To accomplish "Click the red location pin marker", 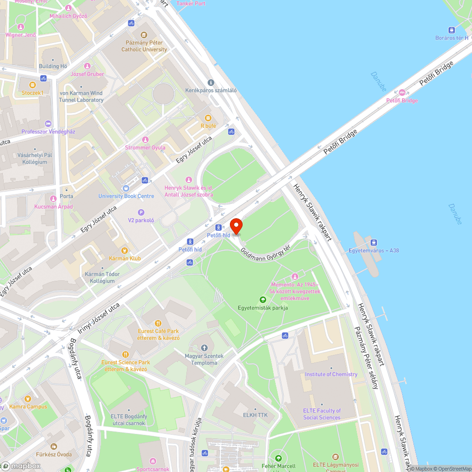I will tap(236, 226).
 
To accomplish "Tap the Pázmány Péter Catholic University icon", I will tap(144, 35).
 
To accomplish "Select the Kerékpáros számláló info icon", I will tap(211, 83).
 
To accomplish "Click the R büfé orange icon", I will tap(208, 118).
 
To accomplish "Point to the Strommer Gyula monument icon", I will tap(145, 140).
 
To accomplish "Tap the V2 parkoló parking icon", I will tap(141, 212).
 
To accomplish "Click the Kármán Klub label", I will tap(125, 259).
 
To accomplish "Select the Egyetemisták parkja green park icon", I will tap(263, 300).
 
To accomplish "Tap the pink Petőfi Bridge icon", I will tap(402, 93).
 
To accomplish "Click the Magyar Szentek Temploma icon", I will tap(204, 348).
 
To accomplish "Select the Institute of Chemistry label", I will tap(331, 374).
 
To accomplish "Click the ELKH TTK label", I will tap(255, 415).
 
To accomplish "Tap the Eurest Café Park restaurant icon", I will tap(159, 323).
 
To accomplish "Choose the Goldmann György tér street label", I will tap(265, 253).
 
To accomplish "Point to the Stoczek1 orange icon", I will tap(32, 85).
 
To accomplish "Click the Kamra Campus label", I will tap(28, 406).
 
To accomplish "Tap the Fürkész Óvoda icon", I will tap(54, 447).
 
